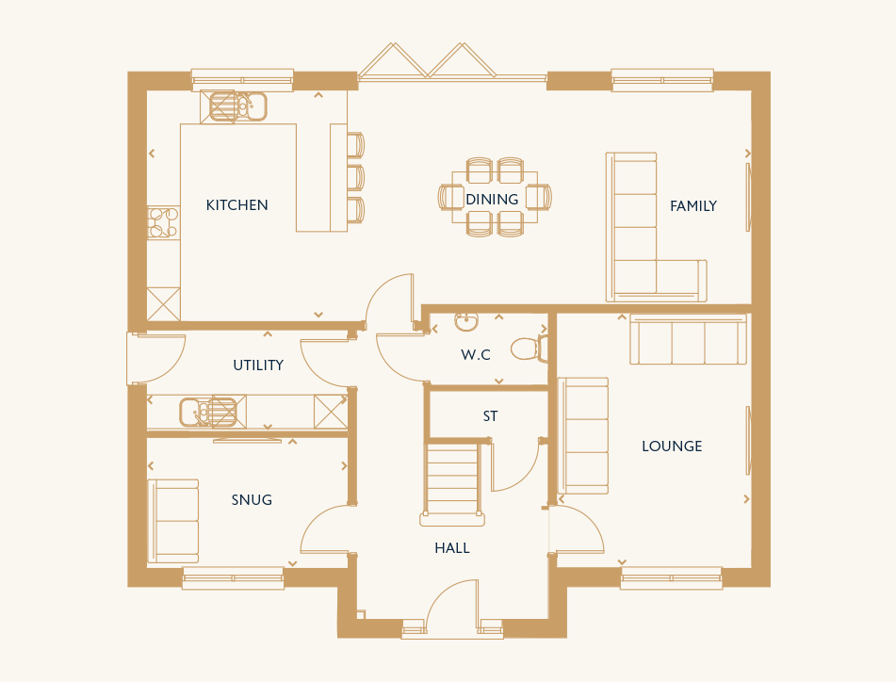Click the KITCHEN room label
pos(236,205)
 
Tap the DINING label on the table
pos(492,200)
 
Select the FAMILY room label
pos(693,205)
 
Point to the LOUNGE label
pos(672,447)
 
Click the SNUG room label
pos(252,500)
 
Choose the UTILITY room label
pos(258,365)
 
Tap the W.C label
pos(476,355)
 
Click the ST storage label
pos(490,416)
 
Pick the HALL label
pos(452,548)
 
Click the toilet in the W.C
pos(529,349)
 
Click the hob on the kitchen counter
pos(163,222)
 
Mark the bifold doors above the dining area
pos(427,60)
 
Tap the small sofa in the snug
pos(173,521)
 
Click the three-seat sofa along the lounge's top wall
pos(688,339)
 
